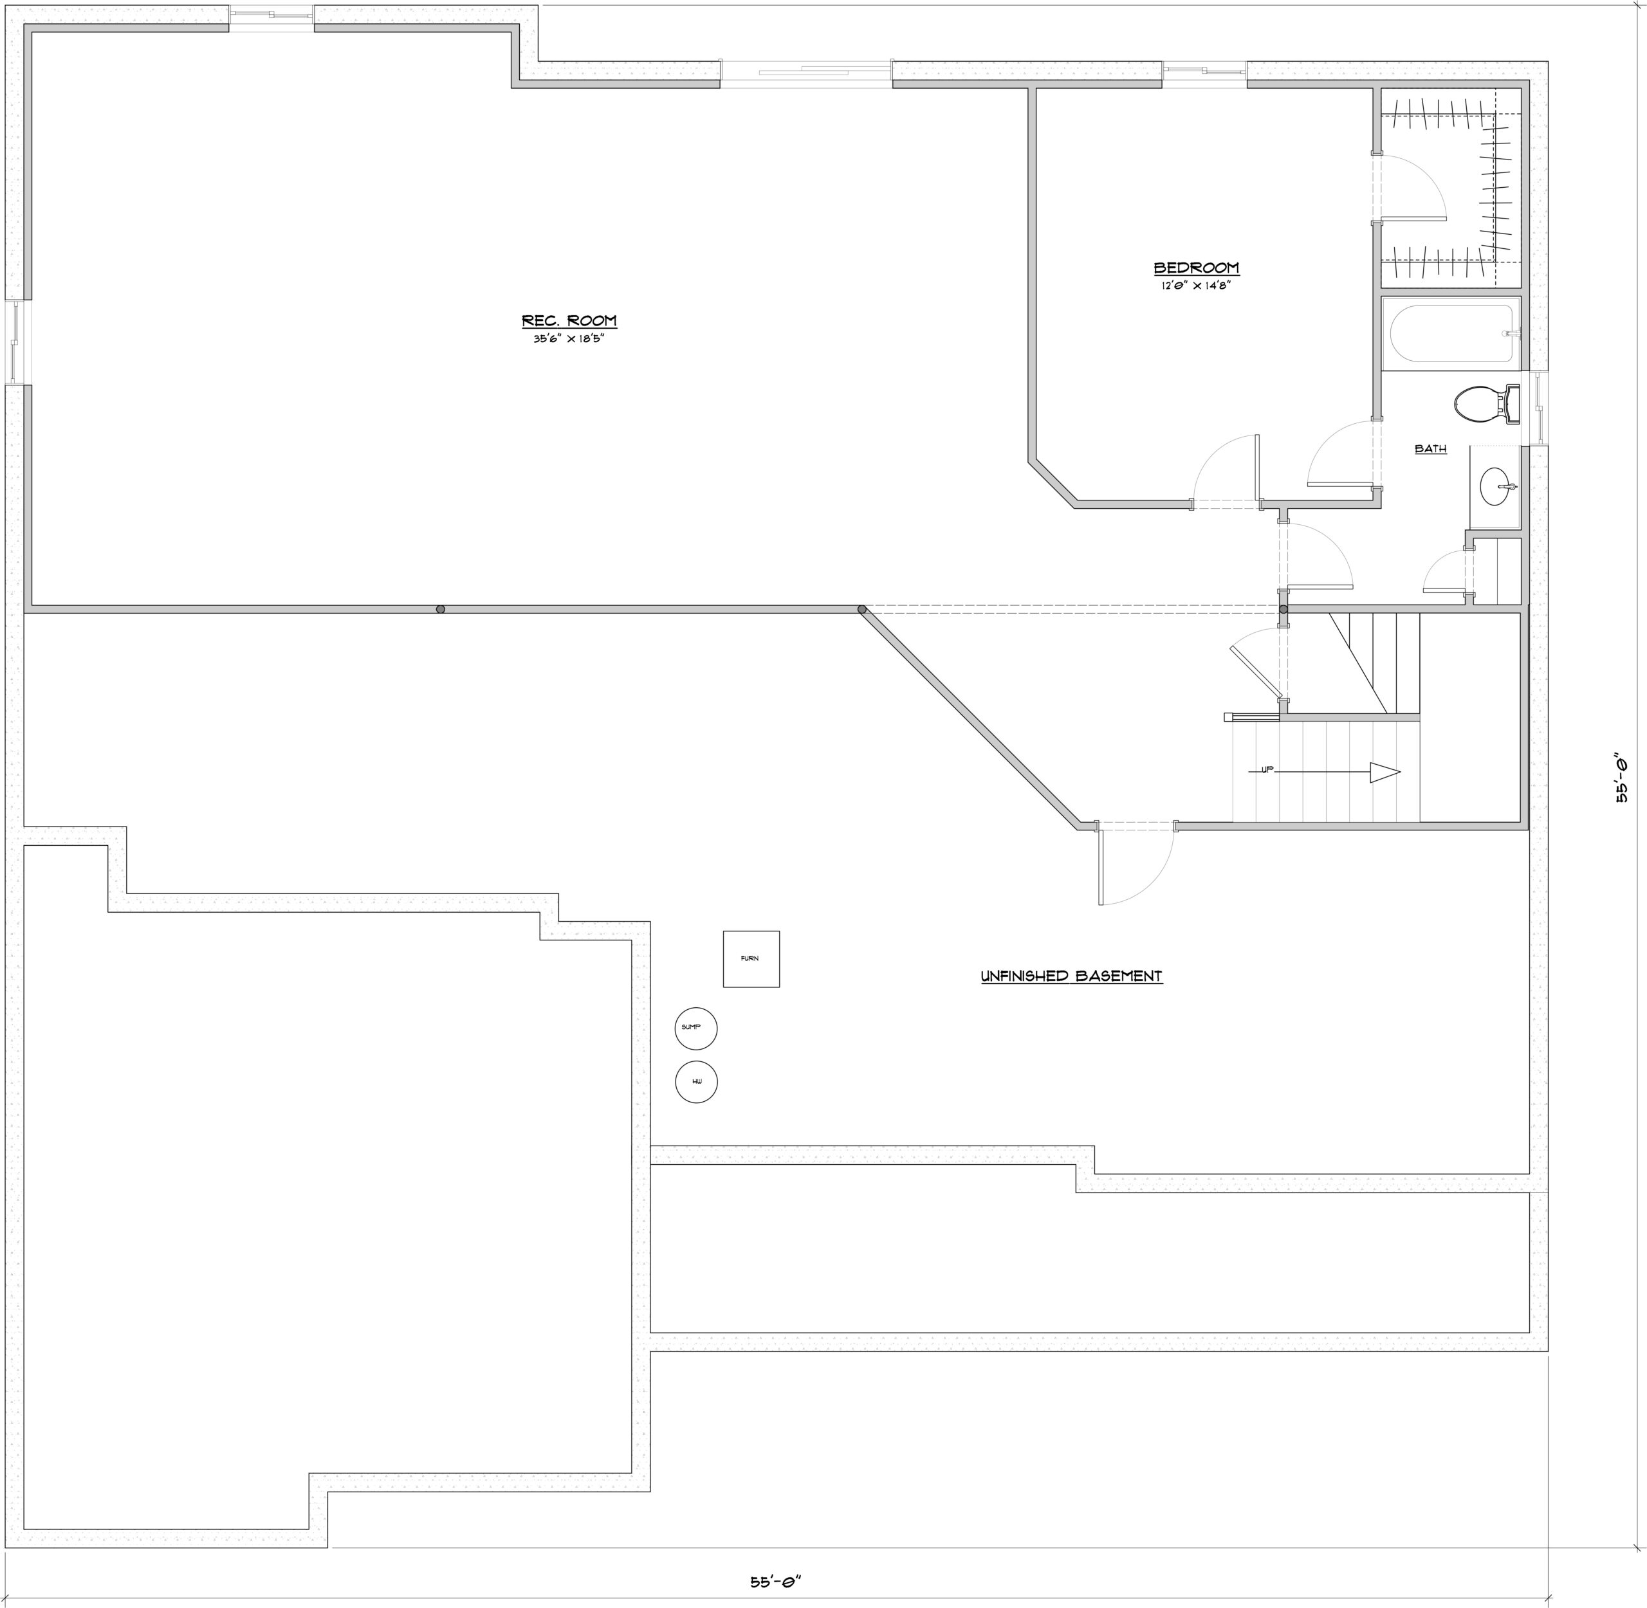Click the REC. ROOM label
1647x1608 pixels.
(x=569, y=321)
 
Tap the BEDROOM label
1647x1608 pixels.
(x=1196, y=268)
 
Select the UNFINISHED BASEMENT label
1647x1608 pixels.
(x=1071, y=976)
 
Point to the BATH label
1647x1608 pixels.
(x=1431, y=450)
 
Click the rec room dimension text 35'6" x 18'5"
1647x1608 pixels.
(x=569, y=340)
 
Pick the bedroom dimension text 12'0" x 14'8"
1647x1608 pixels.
(x=1196, y=286)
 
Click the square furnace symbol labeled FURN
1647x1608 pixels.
(x=751, y=958)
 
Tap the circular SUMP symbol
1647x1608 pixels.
(x=696, y=1028)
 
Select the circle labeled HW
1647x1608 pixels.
(x=696, y=1082)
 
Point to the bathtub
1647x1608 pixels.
(x=1451, y=334)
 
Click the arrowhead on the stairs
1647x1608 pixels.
(x=1385, y=772)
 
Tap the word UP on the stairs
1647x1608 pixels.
(x=1267, y=769)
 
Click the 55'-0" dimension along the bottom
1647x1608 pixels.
(x=775, y=1581)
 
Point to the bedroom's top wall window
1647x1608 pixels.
(x=1204, y=72)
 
